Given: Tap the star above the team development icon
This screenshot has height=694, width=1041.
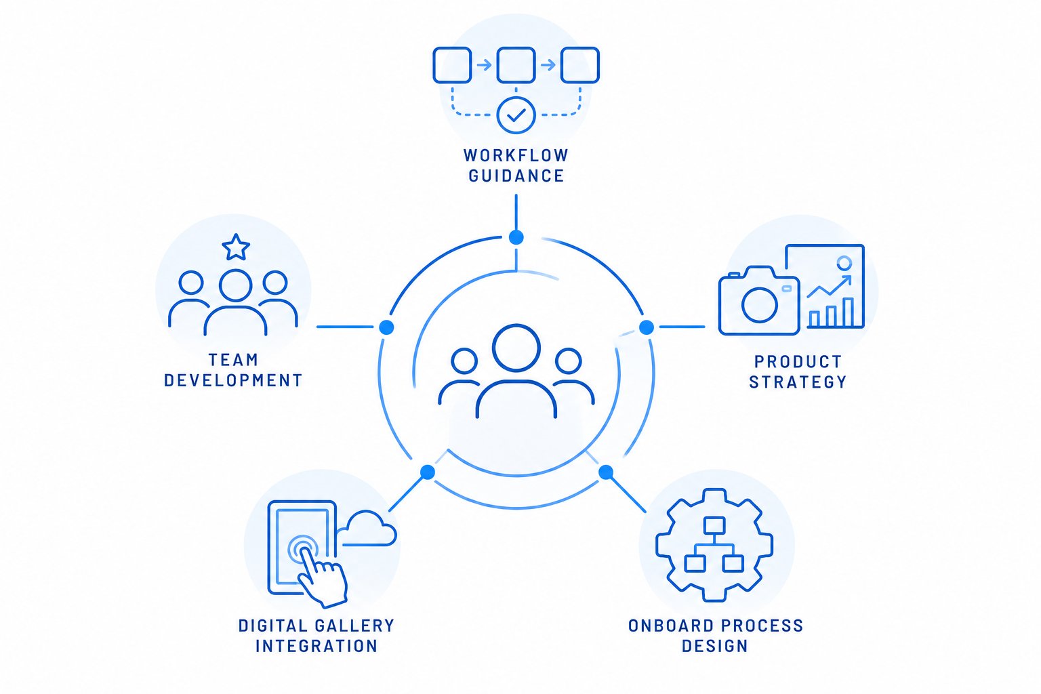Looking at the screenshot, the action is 236,247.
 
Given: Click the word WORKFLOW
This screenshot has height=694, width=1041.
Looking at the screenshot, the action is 516,155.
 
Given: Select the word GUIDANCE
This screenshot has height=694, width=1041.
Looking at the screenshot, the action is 516,176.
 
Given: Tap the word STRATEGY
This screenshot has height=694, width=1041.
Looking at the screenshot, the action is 798,382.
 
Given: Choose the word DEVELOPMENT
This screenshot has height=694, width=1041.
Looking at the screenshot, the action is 233,380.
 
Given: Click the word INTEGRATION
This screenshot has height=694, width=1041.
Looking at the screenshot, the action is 317,646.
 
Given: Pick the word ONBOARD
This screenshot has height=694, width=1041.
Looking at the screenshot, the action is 670,626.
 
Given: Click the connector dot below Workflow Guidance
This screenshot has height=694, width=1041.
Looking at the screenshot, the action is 516,237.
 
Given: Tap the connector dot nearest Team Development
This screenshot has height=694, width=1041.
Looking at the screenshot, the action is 386,327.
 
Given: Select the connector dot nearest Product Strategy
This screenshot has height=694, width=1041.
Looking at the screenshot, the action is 647,327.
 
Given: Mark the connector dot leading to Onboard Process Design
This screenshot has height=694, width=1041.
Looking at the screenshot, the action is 605,472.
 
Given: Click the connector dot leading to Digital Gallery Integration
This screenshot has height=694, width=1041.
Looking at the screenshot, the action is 428,472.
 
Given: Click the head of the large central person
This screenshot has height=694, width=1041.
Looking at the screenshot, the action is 516,348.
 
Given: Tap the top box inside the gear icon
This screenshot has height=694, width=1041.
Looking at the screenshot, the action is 714,526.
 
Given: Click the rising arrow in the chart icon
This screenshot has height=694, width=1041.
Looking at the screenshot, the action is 830,286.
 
